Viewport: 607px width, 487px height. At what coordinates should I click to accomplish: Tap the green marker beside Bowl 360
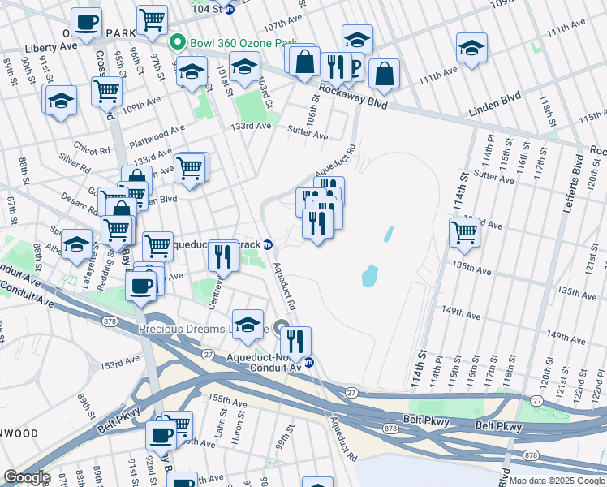(175, 41)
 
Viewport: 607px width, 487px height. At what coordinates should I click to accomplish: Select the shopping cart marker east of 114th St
(464, 231)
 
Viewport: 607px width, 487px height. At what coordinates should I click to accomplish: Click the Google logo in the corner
(27, 477)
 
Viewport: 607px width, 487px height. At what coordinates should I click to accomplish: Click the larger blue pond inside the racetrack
(370, 276)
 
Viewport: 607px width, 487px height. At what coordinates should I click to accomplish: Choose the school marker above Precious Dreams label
(248, 322)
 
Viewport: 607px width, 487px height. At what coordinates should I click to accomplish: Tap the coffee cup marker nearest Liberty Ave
(86, 22)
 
